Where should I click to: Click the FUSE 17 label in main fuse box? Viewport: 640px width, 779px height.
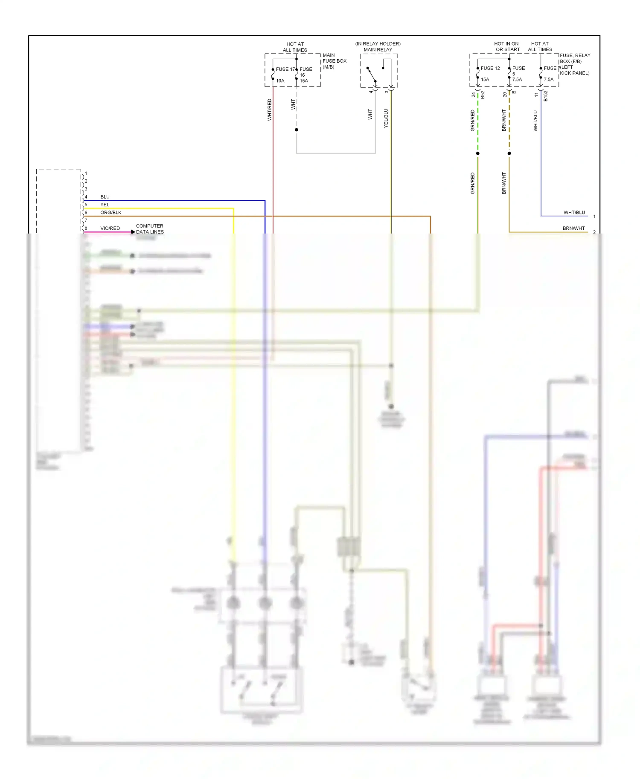click(x=285, y=69)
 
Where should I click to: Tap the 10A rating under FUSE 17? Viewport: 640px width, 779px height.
click(x=280, y=81)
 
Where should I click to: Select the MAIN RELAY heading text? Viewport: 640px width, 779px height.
click(x=378, y=49)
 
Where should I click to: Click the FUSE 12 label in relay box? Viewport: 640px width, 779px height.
click(x=490, y=68)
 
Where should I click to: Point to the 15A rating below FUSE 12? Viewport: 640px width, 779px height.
click(x=485, y=79)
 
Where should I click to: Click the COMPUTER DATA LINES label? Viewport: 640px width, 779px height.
click(x=150, y=229)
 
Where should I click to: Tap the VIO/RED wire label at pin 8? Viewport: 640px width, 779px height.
click(x=110, y=228)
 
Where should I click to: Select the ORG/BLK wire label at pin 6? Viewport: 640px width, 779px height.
click(x=111, y=212)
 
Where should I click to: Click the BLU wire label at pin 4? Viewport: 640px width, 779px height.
click(x=105, y=196)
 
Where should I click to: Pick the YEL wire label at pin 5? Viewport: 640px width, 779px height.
click(x=105, y=205)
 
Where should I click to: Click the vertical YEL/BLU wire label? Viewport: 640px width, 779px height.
click(x=386, y=118)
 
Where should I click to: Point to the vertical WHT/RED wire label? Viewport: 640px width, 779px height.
click(x=269, y=110)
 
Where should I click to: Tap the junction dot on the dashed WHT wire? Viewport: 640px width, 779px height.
click(x=297, y=130)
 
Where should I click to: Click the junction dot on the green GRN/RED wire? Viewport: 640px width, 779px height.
click(x=478, y=153)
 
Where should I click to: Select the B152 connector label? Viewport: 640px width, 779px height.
click(x=545, y=96)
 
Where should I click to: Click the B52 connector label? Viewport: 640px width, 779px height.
click(x=483, y=95)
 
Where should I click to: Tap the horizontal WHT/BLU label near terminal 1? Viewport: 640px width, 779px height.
click(x=574, y=212)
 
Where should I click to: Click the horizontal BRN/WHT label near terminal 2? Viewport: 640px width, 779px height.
click(x=573, y=228)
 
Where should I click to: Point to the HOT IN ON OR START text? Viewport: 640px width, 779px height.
click(x=507, y=46)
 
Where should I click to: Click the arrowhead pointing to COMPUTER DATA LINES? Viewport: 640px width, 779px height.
click(x=133, y=232)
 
